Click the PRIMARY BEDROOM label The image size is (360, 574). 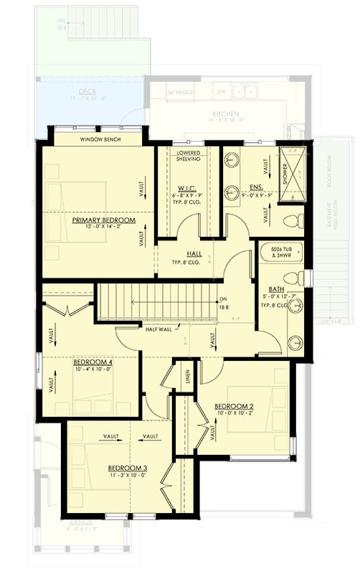pyautogui.click(x=103, y=220)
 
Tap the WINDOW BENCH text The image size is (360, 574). pyautogui.click(x=100, y=140)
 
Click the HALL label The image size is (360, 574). pyautogui.click(x=194, y=253)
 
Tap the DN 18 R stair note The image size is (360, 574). pyautogui.click(x=224, y=303)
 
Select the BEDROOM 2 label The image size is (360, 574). pyautogui.click(x=234, y=406)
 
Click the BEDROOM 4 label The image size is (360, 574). pyautogui.click(x=93, y=362)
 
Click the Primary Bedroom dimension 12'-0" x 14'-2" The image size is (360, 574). pyautogui.click(x=103, y=228)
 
